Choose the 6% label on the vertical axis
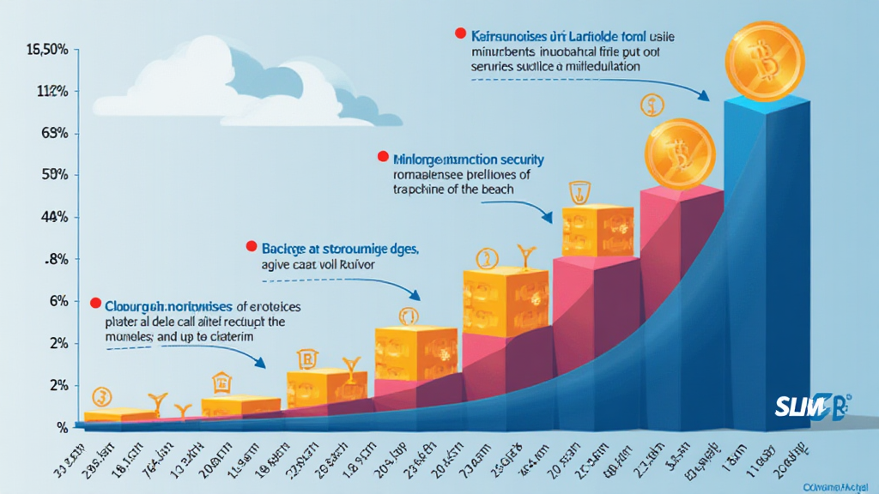click(x=58, y=301)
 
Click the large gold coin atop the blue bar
click(x=764, y=62)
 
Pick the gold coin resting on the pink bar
click(x=679, y=154)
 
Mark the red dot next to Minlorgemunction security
click(x=381, y=157)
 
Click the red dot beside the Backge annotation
click(x=252, y=246)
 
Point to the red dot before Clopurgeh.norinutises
click(x=95, y=303)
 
